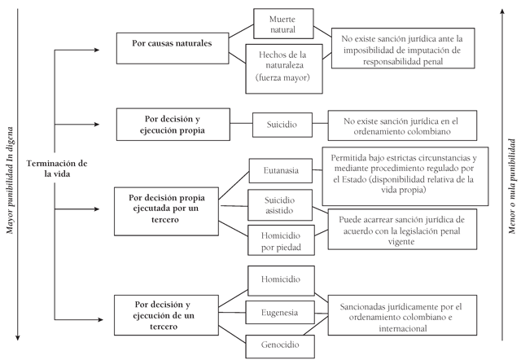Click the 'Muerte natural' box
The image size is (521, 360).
pyautogui.click(x=283, y=24)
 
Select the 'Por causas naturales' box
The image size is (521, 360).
pyautogui.click(x=173, y=48)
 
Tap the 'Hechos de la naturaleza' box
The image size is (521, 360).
pyautogui.click(x=284, y=68)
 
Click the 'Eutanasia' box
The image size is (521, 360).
pyautogui.click(x=281, y=170)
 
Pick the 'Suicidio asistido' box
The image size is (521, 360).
pyautogui.click(x=280, y=205)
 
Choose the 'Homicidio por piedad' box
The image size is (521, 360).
pyautogui.click(x=281, y=240)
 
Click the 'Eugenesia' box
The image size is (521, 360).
pyautogui.click(x=280, y=313)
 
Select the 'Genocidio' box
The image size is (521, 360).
pyautogui.click(x=280, y=346)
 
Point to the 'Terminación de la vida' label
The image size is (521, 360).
pyautogui.click(x=57, y=169)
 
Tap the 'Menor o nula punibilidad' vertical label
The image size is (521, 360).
pyautogui.click(x=512, y=187)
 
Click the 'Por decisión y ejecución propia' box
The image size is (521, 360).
pyautogui.click(x=173, y=125)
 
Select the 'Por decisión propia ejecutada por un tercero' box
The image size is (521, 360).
pyautogui.click(x=166, y=212)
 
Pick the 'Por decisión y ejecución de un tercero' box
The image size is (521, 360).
pyautogui.click(x=166, y=315)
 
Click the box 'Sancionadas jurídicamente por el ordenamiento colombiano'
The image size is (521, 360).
pyautogui.click(x=402, y=315)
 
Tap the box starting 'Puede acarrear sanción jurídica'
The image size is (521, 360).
pyautogui.click(x=402, y=230)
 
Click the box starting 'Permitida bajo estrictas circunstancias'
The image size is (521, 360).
pyautogui.click(x=405, y=176)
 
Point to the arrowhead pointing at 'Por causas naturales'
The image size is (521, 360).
pyautogui.click(x=97, y=50)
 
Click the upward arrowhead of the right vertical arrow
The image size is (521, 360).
pyautogui.click(x=502, y=11)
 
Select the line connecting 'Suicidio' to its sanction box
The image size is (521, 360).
pyautogui.click(x=320, y=124)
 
